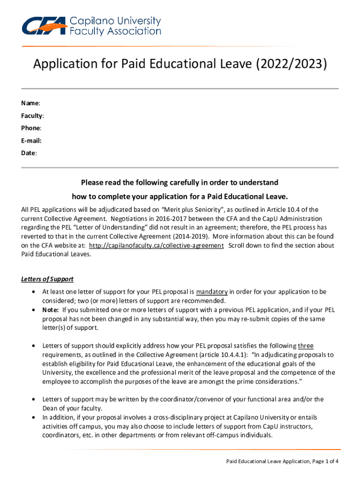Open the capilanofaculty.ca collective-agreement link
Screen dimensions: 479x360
(156, 246)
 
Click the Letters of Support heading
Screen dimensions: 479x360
(47, 279)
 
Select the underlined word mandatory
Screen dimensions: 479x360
(212, 292)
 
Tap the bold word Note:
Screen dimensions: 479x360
(50, 310)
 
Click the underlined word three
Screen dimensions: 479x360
(306, 346)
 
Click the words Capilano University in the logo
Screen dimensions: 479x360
(115, 22)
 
